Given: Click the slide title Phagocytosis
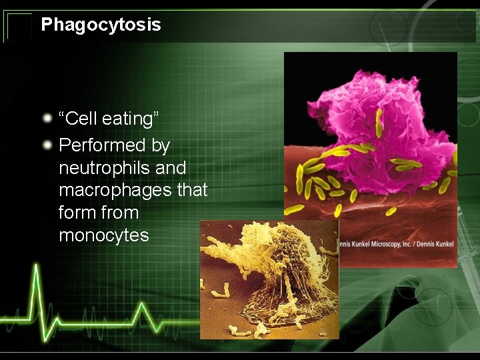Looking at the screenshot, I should (x=101, y=25).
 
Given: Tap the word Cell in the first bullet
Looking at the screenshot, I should (x=81, y=119).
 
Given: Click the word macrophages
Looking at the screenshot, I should (x=115, y=191).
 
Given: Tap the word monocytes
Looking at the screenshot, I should (x=104, y=235).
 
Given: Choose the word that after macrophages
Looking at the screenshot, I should (x=192, y=191).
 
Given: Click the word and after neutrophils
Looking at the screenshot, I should (x=171, y=168).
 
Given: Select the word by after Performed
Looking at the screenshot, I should (x=161, y=145).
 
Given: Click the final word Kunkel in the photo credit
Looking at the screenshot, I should (x=442, y=244).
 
